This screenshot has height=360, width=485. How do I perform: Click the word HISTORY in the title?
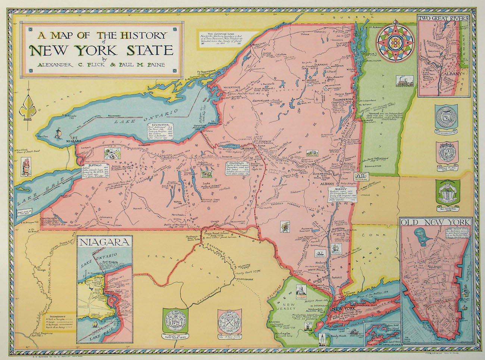(x=143, y=35)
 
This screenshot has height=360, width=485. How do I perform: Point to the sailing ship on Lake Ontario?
(x=59, y=133)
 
